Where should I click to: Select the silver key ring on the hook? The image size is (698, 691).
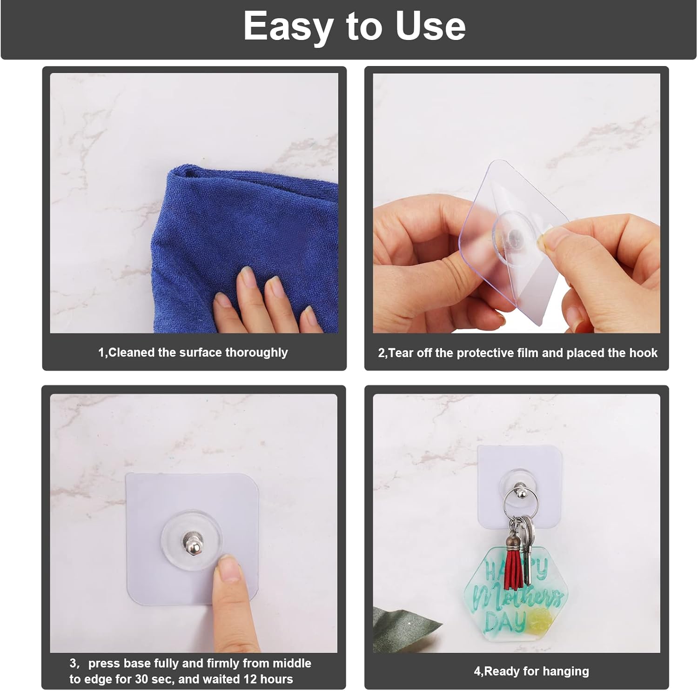pos(517,502)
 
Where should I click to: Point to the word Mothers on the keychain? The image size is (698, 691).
pos(517,598)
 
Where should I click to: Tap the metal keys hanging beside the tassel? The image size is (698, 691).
pos(527,549)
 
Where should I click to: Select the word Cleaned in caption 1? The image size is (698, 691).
pos(132,352)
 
